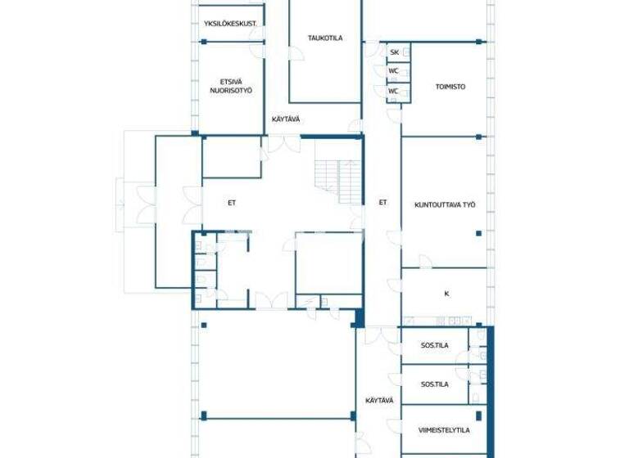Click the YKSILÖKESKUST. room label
coord(230,24)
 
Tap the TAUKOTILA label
coord(325,38)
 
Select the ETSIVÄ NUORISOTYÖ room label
coord(231,86)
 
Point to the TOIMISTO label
coord(450,87)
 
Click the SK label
coord(394,52)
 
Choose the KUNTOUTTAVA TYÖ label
coord(445,204)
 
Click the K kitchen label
coord(446,294)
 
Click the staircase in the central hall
coord(338,180)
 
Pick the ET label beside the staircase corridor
coord(382,202)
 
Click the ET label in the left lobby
coord(232,203)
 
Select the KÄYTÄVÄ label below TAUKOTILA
coord(286,119)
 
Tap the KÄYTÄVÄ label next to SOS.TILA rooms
coord(379,401)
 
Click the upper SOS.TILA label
coord(434,345)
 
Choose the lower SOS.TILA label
coord(434,384)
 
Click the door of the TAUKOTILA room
coord(296,54)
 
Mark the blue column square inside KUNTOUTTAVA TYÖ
coord(478,233)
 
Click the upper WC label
coord(393,71)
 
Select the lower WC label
coord(393,92)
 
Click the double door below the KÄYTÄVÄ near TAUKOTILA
coord(283,144)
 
